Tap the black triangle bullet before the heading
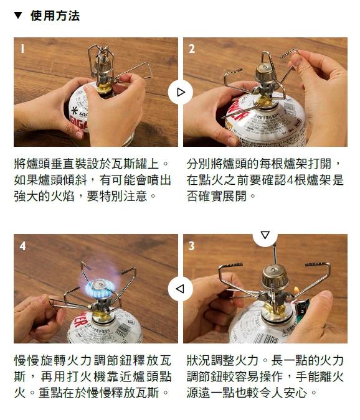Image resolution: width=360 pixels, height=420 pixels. point(19,16)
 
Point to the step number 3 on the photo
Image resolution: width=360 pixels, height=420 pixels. point(192,246)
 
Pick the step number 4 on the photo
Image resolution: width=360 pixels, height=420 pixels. point(22,246)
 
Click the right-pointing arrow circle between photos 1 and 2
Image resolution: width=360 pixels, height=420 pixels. point(181,92)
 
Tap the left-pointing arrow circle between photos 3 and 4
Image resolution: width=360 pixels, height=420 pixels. point(181,289)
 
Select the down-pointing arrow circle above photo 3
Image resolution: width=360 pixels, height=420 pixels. point(265,236)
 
